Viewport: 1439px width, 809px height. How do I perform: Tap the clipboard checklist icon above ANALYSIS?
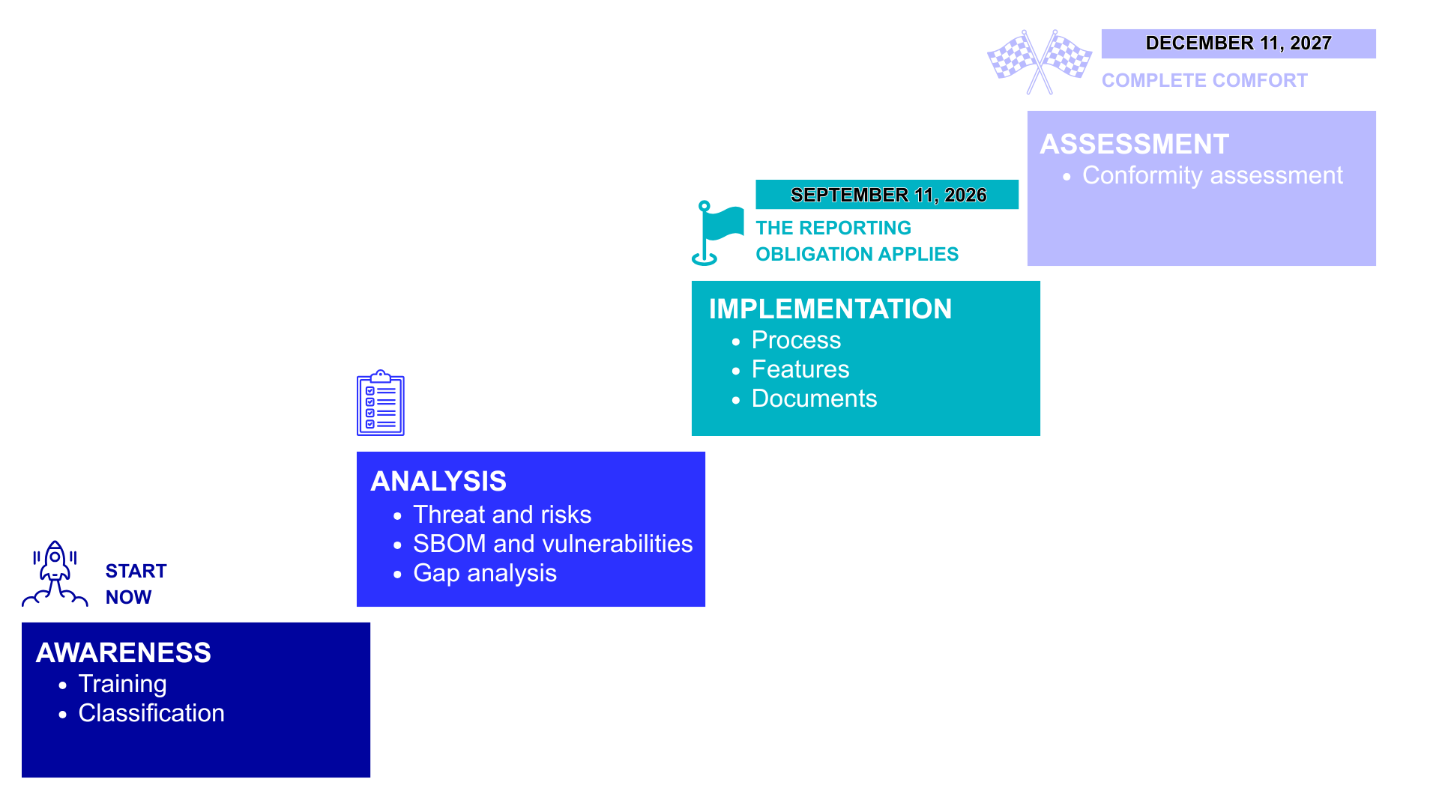click(381, 403)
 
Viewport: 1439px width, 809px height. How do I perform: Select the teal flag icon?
click(717, 233)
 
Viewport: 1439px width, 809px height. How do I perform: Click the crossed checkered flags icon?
click(1040, 62)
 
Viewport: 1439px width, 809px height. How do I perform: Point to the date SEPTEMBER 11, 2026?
click(888, 195)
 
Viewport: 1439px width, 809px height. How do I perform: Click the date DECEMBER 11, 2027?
click(1239, 43)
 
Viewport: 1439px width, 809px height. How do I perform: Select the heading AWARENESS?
click(124, 652)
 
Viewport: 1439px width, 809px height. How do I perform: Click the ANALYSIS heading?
click(438, 481)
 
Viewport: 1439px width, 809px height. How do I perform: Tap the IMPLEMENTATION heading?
click(830, 309)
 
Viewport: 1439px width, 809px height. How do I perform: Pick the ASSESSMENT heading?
click(1135, 144)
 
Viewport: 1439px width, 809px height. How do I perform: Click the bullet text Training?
click(123, 684)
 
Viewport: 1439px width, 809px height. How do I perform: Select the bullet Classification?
click(151, 713)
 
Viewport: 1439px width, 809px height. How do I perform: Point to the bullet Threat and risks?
click(502, 515)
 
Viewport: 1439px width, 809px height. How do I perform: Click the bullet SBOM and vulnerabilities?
click(553, 544)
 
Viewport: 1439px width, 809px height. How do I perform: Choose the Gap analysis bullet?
click(485, 573)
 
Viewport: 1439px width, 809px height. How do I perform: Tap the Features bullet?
click(800, 369)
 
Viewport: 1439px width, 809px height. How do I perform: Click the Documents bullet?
click(815, 399)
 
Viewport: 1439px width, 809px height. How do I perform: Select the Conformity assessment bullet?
click(1213, 175)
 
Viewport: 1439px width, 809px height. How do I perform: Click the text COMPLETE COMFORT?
click(1204, 81)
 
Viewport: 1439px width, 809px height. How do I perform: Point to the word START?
click(136, 572)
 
